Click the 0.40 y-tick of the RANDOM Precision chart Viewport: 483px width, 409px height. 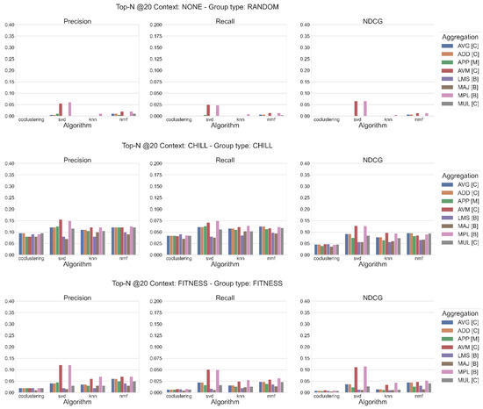pos(9,25)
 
